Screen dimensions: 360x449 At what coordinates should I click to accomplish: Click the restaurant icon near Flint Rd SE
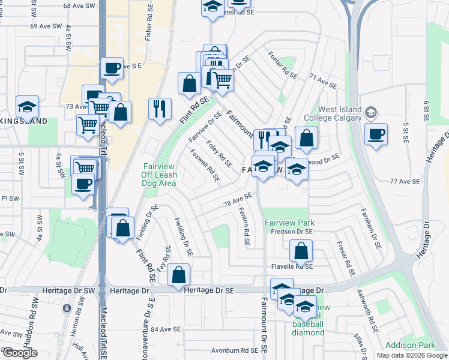[160, 109]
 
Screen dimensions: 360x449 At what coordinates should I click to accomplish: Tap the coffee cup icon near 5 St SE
[376, 134]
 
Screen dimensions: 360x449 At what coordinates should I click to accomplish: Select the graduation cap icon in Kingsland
[28, 107]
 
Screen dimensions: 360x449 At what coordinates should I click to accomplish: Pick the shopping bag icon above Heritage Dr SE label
[178, 275]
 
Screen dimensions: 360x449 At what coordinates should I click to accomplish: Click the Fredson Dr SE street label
[292, 232]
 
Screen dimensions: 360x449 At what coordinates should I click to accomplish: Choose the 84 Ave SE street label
[166, 329]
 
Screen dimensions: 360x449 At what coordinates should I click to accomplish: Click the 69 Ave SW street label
[46, 26]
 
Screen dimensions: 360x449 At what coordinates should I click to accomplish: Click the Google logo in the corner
[19, 353]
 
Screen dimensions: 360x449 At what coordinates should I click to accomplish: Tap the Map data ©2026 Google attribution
[411, 355]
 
